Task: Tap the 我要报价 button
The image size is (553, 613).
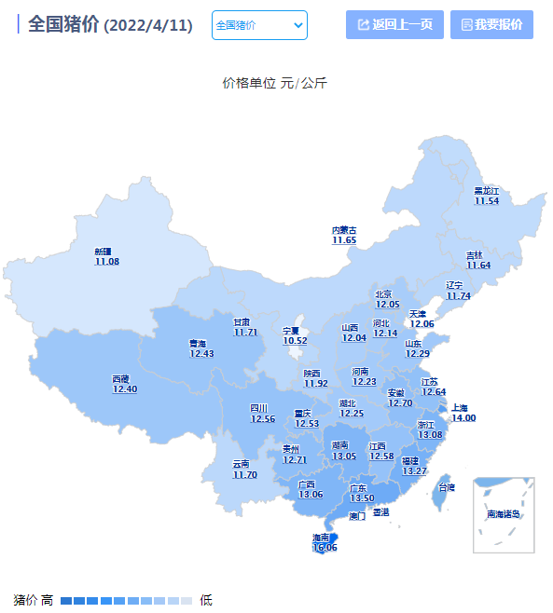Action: [491, 25]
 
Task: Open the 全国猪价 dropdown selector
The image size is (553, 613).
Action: [259, 25]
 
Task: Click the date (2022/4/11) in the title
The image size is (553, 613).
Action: [149, 26]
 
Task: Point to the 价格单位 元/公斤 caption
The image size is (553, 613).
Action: [274, 83]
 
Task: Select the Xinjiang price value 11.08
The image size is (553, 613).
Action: [106, 262]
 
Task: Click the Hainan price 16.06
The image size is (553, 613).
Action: [324, 548]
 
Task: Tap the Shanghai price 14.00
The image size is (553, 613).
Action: [463, 418]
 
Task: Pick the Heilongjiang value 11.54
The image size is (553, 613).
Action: [487, 200]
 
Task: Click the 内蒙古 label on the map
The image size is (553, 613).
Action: [344, 230]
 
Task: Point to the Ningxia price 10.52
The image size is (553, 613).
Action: [295, 341]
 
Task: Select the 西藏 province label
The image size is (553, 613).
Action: [120, 378]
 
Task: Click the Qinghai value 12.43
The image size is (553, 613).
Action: [201, 354]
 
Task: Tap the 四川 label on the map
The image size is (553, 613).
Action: [258, 408]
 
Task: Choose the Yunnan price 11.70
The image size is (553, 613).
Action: [244, 475]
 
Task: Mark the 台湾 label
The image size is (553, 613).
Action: [447, 487]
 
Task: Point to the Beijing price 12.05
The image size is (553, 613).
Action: [387, 304]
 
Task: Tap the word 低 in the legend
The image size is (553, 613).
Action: [206, 600]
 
